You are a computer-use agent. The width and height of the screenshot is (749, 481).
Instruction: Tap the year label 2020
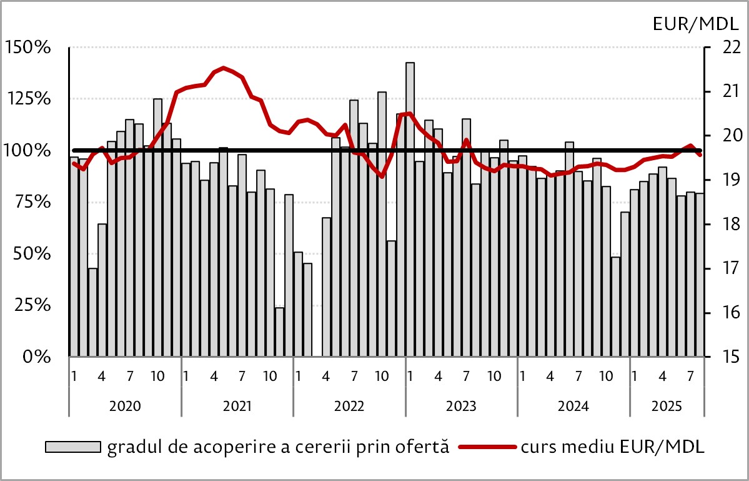(125, 405)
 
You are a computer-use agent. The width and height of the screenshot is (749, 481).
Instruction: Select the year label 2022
(349, 405)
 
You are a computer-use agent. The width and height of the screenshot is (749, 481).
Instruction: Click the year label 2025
(667, 405)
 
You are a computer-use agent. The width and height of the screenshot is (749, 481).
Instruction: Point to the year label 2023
(461, 405)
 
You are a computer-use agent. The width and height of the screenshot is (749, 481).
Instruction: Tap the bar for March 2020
(92, 312)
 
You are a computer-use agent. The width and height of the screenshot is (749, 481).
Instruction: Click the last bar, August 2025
(700, 275)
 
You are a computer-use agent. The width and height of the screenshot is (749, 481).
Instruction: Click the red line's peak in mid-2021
(224, 68)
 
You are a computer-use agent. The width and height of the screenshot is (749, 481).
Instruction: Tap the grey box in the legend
(72, 447)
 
